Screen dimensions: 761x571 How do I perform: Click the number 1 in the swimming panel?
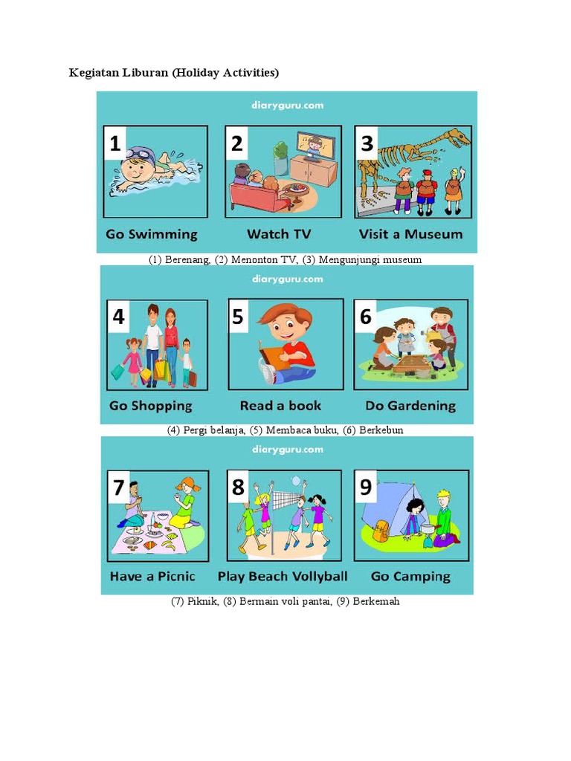tap(115, 143)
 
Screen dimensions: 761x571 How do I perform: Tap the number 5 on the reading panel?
tap(238, 317)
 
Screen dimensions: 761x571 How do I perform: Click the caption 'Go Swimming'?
tap(152, 234)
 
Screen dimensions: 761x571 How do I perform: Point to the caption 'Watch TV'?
tap(279, 234)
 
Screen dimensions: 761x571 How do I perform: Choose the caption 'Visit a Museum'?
tap(410, 234)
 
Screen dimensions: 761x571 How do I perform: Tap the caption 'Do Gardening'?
tap(410, 406)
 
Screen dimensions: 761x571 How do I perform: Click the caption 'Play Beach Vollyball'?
tap(283, 577)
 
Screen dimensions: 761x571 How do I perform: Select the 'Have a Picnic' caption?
tap(152, 577)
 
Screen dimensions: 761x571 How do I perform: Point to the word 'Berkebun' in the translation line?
tap(381, 430)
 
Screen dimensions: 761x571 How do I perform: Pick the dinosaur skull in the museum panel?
tap(455, 137)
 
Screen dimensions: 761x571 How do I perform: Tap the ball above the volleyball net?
tap(296, 480)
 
